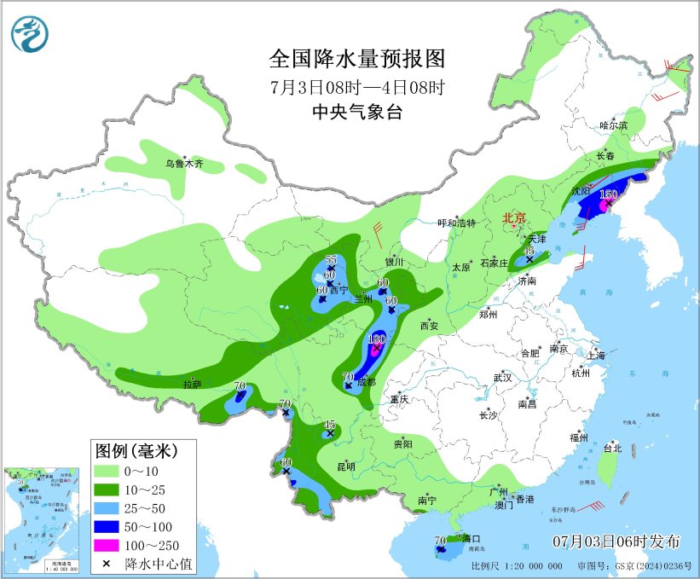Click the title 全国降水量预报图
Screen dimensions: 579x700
[357, 59]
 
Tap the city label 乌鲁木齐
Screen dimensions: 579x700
[184, 165]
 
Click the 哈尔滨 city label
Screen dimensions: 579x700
[612, 125]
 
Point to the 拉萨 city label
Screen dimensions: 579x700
[192, 385]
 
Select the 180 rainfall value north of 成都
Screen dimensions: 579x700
[376, 339]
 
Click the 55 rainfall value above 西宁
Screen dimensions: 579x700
[332, 259]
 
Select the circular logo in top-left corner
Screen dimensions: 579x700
[30, 33]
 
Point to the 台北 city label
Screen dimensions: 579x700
[612, 448]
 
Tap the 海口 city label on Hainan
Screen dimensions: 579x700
[471, 539]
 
